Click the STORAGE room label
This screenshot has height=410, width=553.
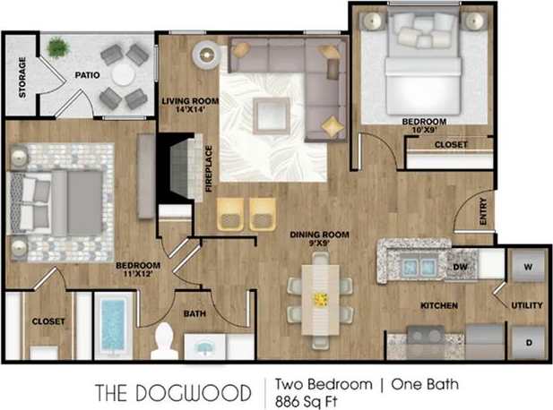click(x=22, y=77)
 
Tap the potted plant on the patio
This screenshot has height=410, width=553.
click(x=56, y=47)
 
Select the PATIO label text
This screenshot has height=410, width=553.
click(x=86, y=76)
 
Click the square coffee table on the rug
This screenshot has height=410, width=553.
click(x=271, y=113)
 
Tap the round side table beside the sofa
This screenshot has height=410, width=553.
click(x=208, y=56)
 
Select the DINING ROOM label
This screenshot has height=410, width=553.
click(x=318, y=238)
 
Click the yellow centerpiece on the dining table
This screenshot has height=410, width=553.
click(x=320, y=297)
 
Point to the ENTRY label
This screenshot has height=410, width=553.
click(x=483, y=216)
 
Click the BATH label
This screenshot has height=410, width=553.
click(x=194, y=314)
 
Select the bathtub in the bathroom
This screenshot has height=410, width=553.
click(x=114, y=325)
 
